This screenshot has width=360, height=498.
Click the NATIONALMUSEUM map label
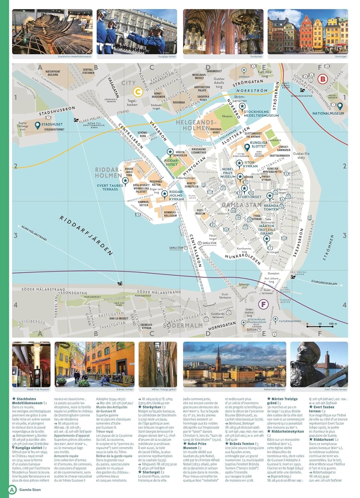[x=328, y=113]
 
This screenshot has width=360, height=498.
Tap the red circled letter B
[x=322, y=79]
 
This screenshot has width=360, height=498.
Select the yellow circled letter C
[x=137, y=92]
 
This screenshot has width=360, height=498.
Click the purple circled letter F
[x=263, y=304]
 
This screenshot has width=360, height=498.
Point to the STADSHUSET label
[x=52, y=124]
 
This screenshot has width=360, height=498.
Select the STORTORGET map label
[x=249, y=197]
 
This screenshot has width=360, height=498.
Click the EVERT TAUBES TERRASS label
[x=110, y=187]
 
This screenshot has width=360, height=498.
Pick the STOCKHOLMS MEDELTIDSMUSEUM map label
[x=261, y=114]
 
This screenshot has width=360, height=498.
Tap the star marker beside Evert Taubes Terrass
[x=125, y=181]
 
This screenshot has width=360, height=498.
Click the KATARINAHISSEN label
[x=290, y=321]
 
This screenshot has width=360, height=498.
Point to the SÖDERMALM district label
[x=183, y=325]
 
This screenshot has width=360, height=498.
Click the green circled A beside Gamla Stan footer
[x=12, y=489]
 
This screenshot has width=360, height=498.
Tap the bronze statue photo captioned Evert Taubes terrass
[x=319, y=364]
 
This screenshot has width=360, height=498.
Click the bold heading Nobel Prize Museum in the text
[x=197, y=446]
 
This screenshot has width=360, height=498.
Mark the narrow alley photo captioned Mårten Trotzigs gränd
[x=158, y=364]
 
